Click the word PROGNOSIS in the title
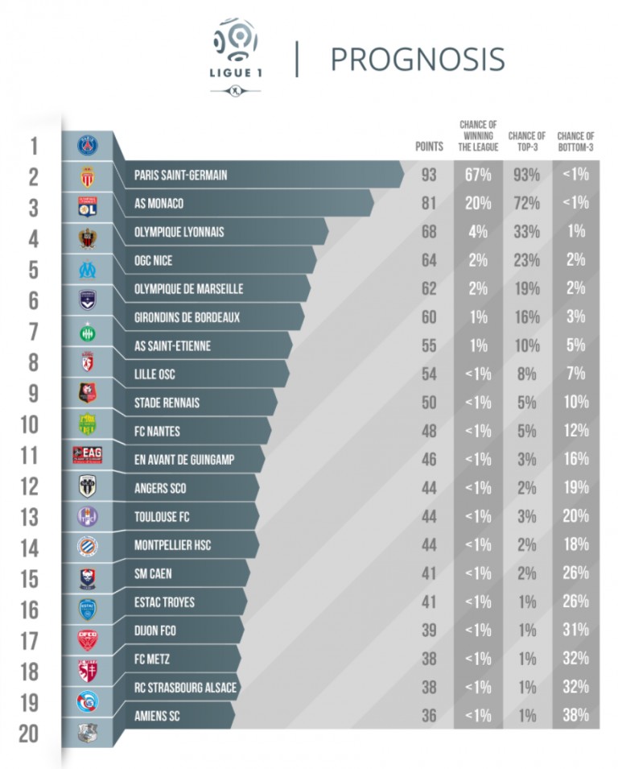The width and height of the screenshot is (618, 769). (x=417, y=59)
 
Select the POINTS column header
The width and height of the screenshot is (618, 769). (x=429, y=147)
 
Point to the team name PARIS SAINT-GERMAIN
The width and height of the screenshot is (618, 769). (x=180, y=175)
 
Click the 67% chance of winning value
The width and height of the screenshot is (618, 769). (x=478, y=175)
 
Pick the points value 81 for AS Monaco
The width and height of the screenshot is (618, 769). (x=429, y=203)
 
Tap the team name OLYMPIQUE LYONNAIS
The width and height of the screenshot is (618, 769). (x=179, y=232)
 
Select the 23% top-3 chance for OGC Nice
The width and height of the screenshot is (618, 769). (x=527, y=260)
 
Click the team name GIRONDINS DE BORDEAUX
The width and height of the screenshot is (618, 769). (x=187, y=317)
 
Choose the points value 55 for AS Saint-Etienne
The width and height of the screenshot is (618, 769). (x=429, y=345)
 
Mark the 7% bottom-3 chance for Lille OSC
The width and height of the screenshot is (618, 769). (x=576, y=374)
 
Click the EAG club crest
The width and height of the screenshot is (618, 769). (x=87, y=455)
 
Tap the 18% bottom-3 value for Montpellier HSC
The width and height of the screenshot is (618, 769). (x=576, y=544)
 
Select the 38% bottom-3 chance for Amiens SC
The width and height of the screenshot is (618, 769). (x=576, y=714)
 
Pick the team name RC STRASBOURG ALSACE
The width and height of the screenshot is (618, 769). (x=186, y=687)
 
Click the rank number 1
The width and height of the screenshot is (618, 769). (x=34, y=147)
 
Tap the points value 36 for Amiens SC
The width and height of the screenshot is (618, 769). (x=429, y=714)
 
